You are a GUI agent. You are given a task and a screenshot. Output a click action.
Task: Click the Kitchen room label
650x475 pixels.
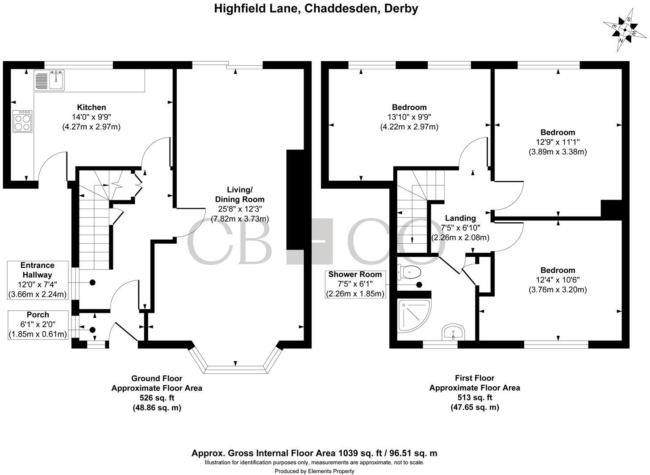(x=92, y=107)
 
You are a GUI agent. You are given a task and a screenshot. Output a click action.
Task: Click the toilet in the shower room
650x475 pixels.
(x=410, y=271)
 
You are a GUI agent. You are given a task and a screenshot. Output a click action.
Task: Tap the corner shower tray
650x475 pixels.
(x=413, y=315)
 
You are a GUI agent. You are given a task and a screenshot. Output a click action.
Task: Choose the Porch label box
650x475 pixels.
(x=38, y=325)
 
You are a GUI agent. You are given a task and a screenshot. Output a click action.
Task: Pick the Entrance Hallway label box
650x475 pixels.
(x=38, y=280)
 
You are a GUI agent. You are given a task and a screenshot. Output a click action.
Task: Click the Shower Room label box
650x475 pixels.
(x=355, y=284)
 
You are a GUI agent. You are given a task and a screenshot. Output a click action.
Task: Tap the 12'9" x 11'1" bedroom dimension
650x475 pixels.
(x=558, y=142)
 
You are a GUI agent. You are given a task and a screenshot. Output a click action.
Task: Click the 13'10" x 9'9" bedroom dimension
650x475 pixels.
(x=408, y=117)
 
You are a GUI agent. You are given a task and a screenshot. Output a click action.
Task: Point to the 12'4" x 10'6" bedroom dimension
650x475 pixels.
(x=558, y=280)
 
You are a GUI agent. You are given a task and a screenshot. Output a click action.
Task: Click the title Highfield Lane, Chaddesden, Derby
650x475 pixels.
(x=316, y=8)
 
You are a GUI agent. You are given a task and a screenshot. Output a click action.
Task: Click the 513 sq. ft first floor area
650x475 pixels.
(x=475, y=397)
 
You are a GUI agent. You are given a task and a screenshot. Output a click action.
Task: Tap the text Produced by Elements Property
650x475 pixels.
(x=314, y=471)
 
